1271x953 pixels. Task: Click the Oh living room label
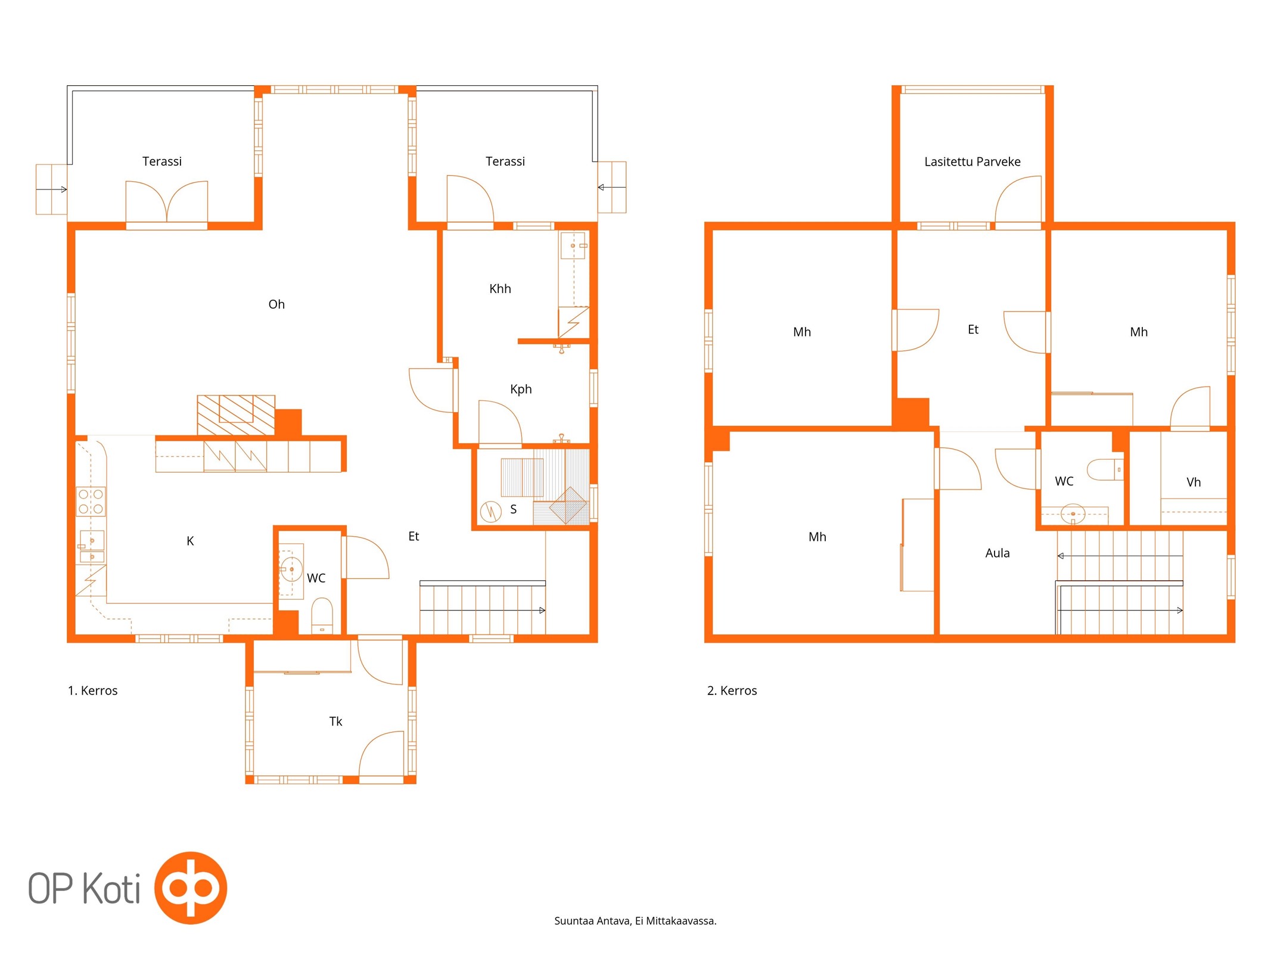pyautogui.click(x=276, y=304)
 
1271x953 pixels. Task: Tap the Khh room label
pyautogui.click(x=500, y=289)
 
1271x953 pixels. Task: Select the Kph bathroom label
pyautogui.click(x=521, y=390)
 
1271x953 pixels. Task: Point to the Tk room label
pyautogui.click(x=335, y=721)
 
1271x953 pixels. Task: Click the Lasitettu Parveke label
pyautogui.click(x=972, y=161)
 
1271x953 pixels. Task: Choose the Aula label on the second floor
pyautogui.click(x=997, y=553)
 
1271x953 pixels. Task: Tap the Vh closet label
pyautogui.click(x=1193, y=482)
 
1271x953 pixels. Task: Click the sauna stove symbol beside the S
pyautogui.click(x=490, y=511)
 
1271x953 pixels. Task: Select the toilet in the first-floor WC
pyautogui.click(x=322, y=615)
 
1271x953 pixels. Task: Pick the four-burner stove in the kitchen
pyautogui.click(x=91, y=502)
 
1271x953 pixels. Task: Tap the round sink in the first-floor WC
pyautogui.click(x=291, y=569)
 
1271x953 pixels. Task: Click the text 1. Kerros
pyautogui.click(x=92, y=690)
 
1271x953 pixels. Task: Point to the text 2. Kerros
pyautogui.click(x=732, y=690)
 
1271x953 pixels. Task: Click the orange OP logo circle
pyautogui.click(x=191, y=887)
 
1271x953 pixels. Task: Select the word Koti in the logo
pyautogui.click(x=111, y=888)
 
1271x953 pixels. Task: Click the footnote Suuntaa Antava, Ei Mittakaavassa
pyautogui.click(x=635, y=921)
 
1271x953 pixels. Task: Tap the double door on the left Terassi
pyautogui.click(x=167, y=203)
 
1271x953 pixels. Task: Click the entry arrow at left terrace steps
pyautogui.click(x=51, y=189)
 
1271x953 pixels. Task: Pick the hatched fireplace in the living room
pyautogui.click(x=236, y=415)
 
